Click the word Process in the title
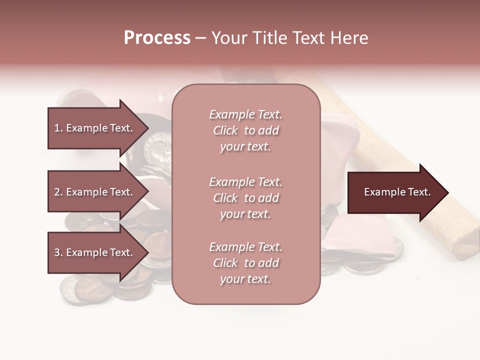pos(157,38)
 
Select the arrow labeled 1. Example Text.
pos(95,128)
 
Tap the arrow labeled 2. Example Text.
pos(95,192)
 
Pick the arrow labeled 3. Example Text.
pos(95,252)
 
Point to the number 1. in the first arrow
pos(58,128)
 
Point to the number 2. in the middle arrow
pos(58,192)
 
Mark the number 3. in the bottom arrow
pos(58,252)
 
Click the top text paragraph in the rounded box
pos(245,130)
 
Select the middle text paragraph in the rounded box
pos(245,198)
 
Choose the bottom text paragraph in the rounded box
pos(245,263)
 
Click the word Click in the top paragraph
pos(225,130)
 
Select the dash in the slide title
pos(200,38)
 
